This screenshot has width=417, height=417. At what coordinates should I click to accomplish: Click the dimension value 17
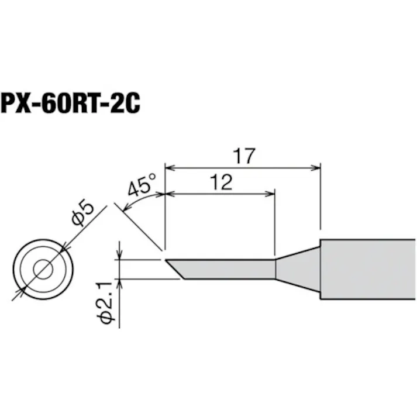coord(243,156)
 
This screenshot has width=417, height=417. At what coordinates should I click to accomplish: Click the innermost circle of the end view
coord(42,268)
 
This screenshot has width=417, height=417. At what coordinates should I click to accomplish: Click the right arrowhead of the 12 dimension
coord(271,192)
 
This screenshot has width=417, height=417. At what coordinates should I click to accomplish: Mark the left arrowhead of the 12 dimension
coord(170,192)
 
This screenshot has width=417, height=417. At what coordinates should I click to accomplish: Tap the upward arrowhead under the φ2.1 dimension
coord(120,282)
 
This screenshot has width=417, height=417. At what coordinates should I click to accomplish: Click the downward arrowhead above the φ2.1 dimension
coord(120,256)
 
